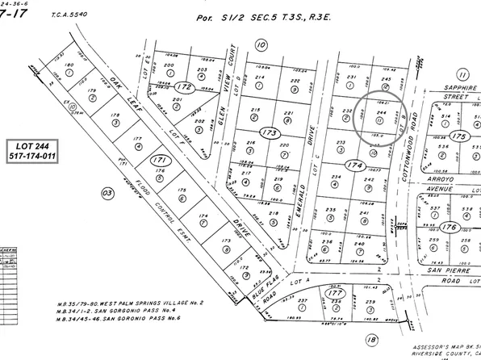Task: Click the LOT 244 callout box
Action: tap(28, 149)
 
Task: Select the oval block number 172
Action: tap(185, 86)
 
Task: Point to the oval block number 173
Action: tap(268, 131)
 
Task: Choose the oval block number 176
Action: tap(450, 228)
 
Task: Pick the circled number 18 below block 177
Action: tap(372, 340)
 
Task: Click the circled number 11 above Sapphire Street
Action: tap(463, 75)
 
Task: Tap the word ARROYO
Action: tap(445, 172)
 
